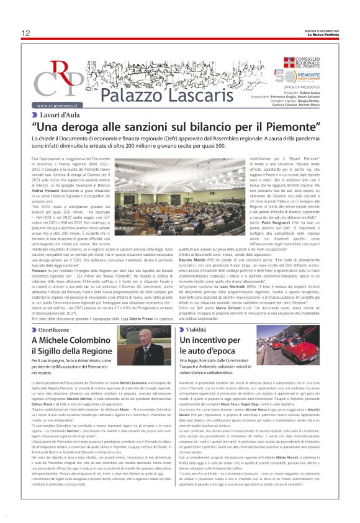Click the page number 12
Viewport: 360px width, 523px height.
[x=25, y=32]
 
